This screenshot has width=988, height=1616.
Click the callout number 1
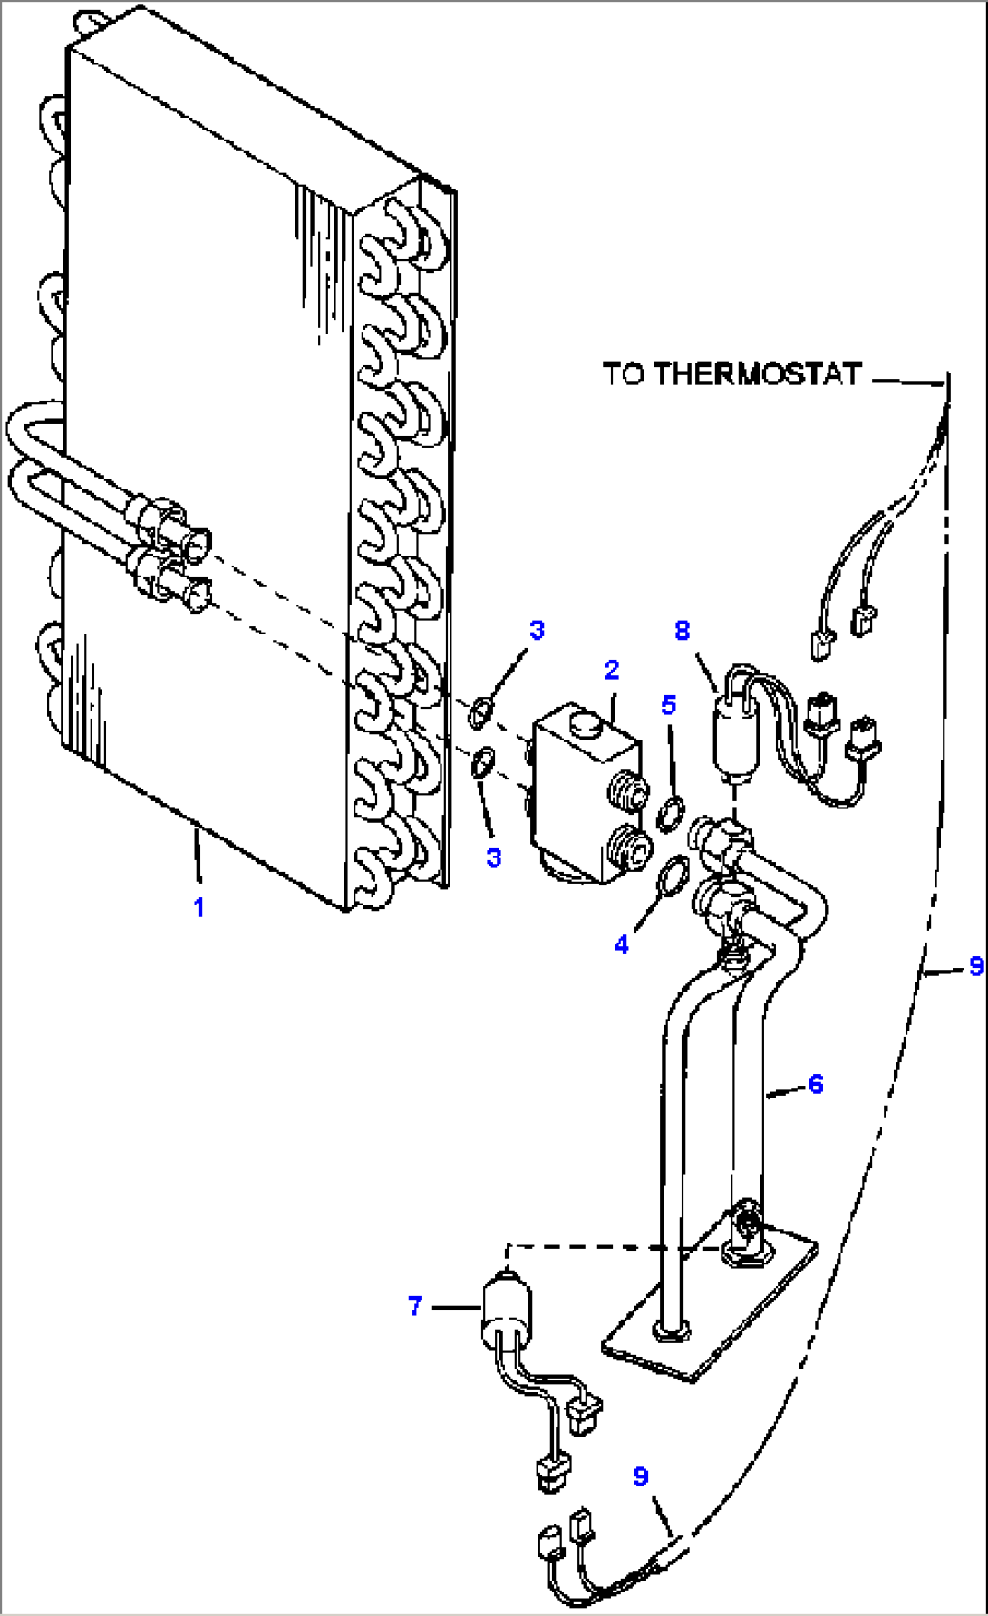click(199, 906)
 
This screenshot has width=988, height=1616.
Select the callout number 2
click(612, 670)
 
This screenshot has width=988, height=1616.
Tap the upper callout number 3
click(537, 630)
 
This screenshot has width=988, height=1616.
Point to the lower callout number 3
click(494, 857)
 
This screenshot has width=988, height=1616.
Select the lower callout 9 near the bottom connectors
click(641, 1476)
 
